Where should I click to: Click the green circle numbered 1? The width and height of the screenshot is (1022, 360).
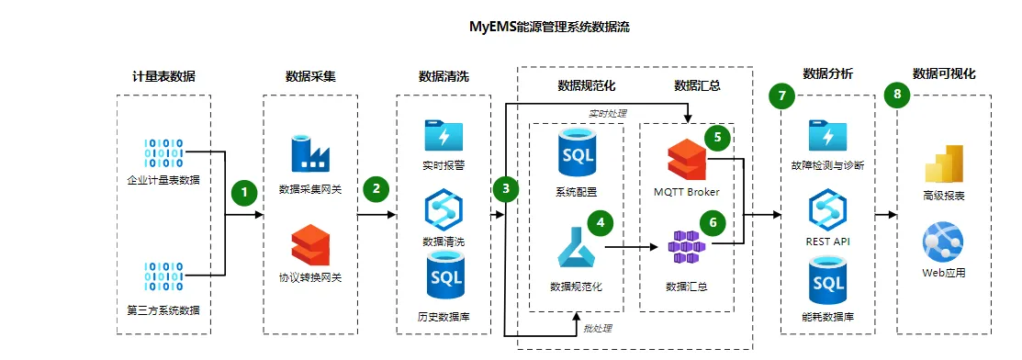[244, 192]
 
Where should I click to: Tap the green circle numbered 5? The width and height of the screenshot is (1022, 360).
[718, 138]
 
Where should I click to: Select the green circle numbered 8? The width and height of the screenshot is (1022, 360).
[897, 95]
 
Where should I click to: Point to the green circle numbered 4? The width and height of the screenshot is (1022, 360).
[601, 222]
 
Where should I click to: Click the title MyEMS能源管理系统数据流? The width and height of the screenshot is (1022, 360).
[549, 28]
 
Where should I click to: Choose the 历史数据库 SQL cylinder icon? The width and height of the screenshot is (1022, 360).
[444, 278]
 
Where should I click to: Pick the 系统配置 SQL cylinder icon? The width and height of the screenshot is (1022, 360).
[577, 152]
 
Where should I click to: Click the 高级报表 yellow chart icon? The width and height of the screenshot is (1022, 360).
[944, 163]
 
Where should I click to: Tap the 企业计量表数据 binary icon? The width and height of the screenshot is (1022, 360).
[163, 154]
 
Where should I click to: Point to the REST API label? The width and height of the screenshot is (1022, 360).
[827, 242]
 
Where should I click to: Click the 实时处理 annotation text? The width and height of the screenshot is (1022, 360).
[608, 113]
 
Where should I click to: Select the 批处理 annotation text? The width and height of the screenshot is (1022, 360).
[598, 328]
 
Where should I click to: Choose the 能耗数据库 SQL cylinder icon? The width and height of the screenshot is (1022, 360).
[827, 282]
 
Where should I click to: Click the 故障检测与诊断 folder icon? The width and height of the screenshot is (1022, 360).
[827, 135]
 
